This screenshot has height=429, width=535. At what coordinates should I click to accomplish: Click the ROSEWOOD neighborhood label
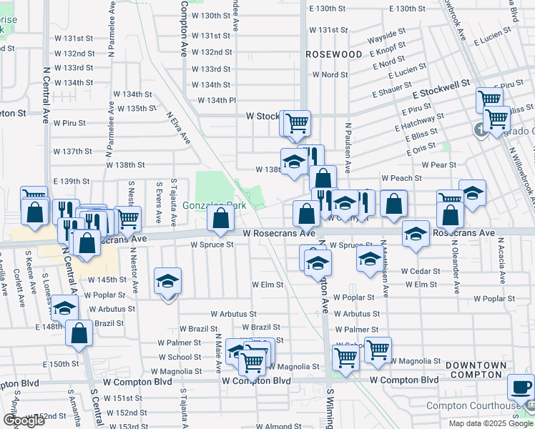(x=333, y=54)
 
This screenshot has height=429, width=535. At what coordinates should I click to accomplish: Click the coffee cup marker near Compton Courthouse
(x=521, y=388)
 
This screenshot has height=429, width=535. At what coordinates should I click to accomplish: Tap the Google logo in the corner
(x=23, y=420)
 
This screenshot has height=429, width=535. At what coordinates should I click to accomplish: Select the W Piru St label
(x=69, y=123)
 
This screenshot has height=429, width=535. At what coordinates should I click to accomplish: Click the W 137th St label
(x=73, y=152)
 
